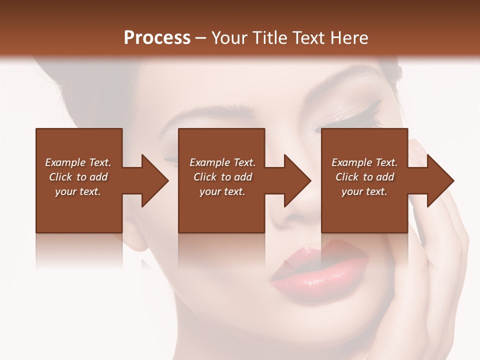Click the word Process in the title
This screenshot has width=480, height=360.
(x=157, y=37)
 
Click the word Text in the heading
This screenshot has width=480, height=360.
(x=307, y=37)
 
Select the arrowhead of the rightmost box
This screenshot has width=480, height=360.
(x=439, y=180)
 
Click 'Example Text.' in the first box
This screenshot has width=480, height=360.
(x=78, y=162)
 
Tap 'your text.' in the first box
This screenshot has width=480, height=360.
(x=78, y=191)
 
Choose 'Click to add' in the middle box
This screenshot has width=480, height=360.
(x=222, y=177)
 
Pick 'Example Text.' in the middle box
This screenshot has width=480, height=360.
(x=222, y=162)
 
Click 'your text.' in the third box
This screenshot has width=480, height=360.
(x=364, y=191)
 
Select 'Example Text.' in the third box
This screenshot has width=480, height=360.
(x=364, y=162)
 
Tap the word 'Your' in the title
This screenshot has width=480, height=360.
(x=229, y=37)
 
